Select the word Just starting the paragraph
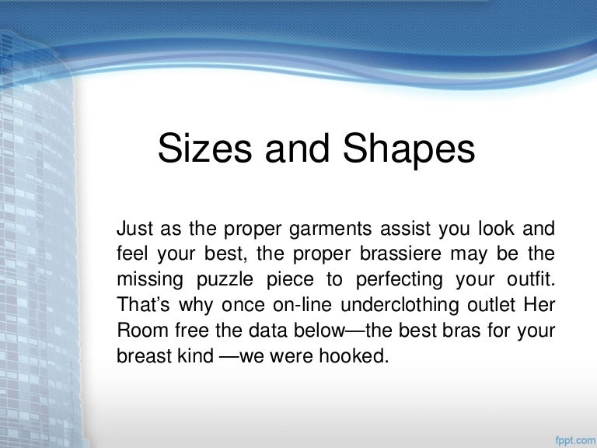click(134, 229)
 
